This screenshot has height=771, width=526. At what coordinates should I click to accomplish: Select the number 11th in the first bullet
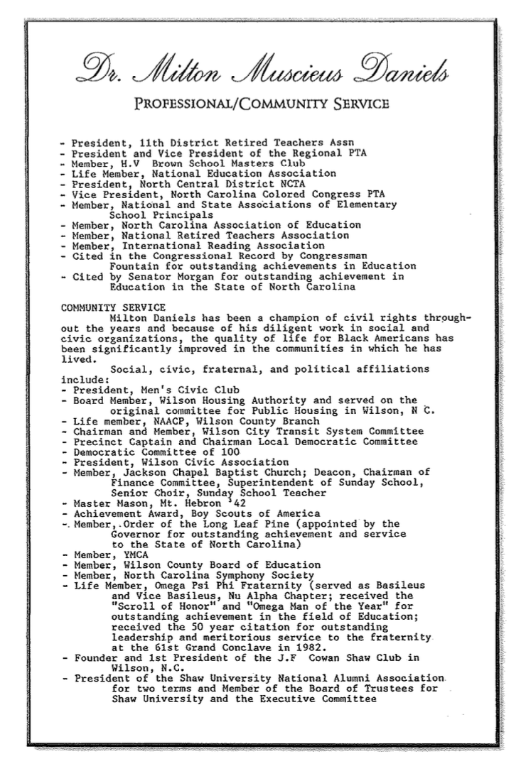141,142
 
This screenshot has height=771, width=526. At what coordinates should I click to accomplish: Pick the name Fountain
135,266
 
